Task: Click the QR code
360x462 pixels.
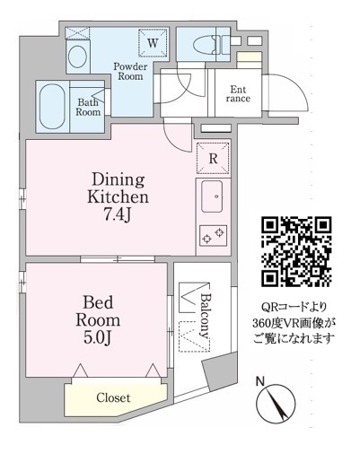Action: [x=296, y=251]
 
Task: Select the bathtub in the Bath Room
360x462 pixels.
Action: [x=52, y=106]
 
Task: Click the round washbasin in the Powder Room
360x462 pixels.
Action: [x=77, y=57]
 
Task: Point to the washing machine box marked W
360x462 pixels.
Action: [x=153, y=43]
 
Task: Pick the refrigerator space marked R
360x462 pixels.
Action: [x=213, y=159]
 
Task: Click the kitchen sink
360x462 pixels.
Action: [x=212, y=196]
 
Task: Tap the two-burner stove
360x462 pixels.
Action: [x=213, y=235]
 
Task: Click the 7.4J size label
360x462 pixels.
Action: [x=118, y=214]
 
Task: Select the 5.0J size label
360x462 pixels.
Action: [x=98, y=338]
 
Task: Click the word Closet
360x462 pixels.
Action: [x=113, y=397]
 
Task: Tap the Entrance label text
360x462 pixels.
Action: [x=238, y=94]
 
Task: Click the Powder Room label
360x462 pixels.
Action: [x=130, y=71]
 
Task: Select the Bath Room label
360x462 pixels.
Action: [x=88, y=107]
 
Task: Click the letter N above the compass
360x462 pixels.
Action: [x=260, y=381]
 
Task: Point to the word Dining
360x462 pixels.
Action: [x=119, y=180]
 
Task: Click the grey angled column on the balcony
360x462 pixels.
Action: [x=220, y=372]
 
